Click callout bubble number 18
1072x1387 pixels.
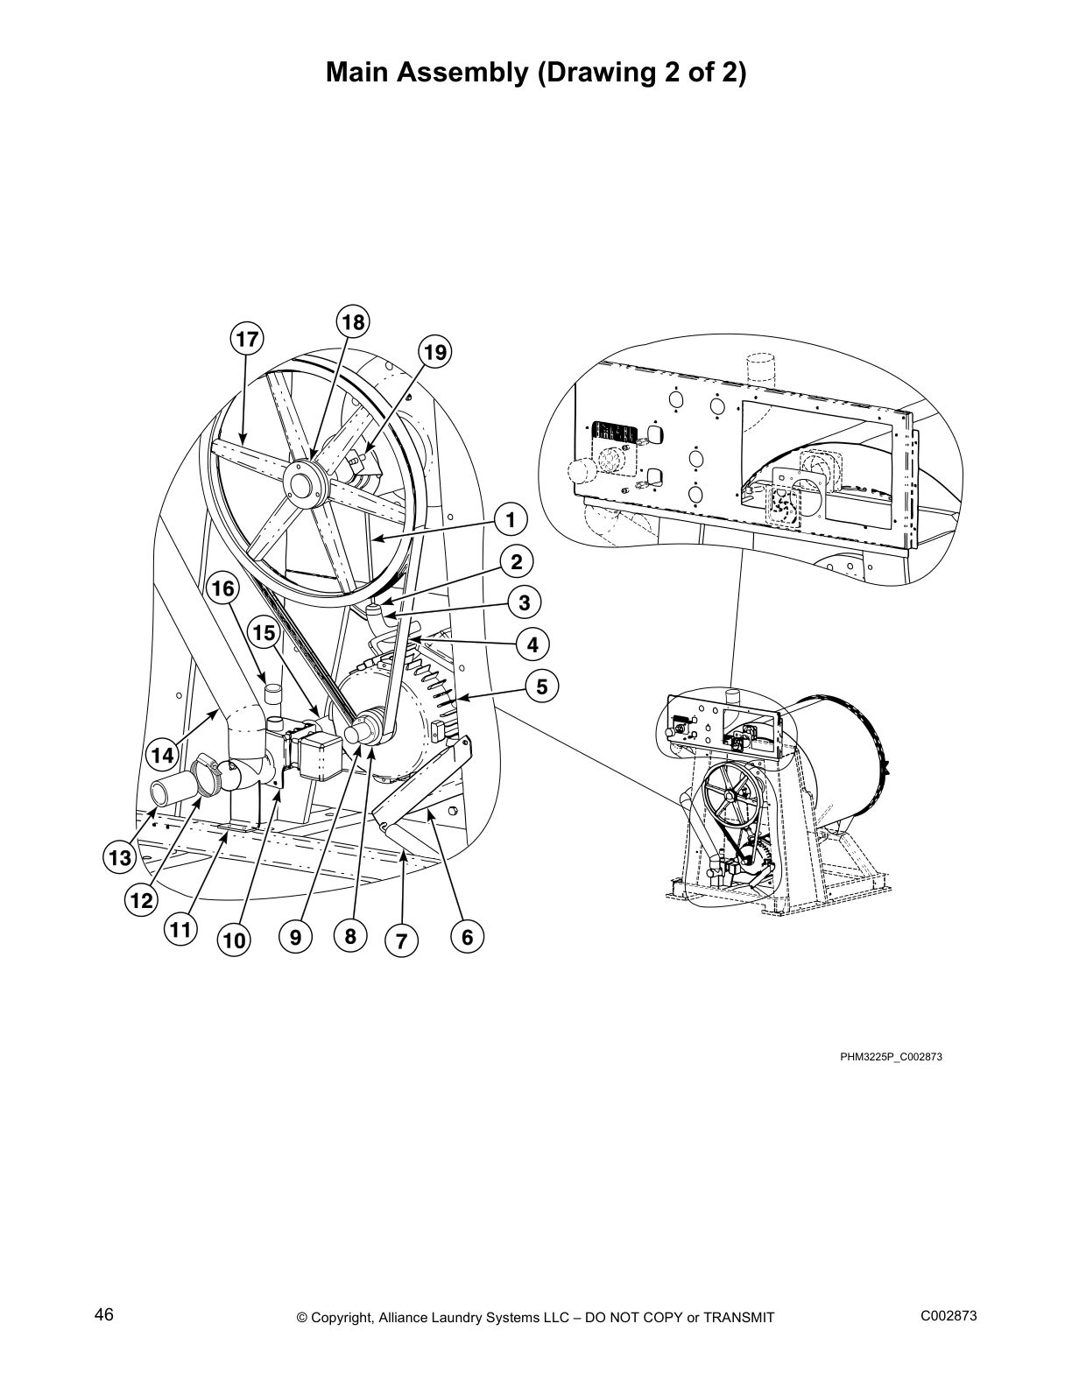[x=352, y=322]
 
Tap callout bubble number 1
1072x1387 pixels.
[x=511, y=518]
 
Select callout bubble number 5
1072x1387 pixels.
[x=542, y=686]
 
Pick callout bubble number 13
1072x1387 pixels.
[x=119, y=857]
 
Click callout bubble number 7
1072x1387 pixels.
[x=401, y=941]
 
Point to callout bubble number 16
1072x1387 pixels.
[x=223, y=588]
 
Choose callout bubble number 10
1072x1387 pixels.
[x=234, y=941]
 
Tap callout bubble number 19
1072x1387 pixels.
[x=435, y=353]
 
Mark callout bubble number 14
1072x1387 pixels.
[x=161, y=753]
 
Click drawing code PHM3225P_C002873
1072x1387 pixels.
[x=891, y=1057]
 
